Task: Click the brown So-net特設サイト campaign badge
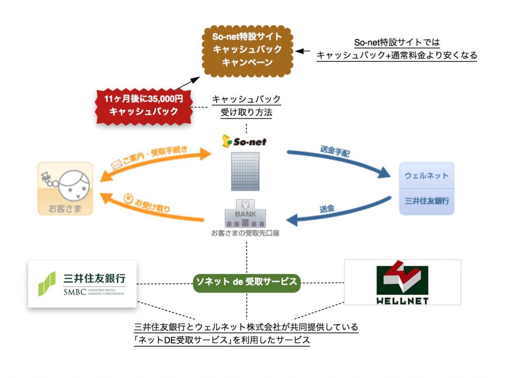click(x=247, y=51)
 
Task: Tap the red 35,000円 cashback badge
click(x=143, y=106)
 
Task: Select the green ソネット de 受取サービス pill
click(x=247, y=282)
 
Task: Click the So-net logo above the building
click(x=244, y=141)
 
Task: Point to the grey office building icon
click(x=245, y=172)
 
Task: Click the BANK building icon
click(x=245, y=213)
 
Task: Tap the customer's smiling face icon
click(x=74, y=186)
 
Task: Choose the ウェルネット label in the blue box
click(x=426, y=176)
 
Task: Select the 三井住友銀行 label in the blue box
click(x=426, y=201)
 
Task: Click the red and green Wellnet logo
click(x=402, y=282)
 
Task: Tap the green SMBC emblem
click(x=47, y=284)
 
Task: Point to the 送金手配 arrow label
click(x=335, y=151)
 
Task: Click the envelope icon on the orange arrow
click(x=116, y=165)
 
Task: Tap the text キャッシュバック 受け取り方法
click(x=246, y=106)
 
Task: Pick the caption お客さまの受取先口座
click(x=245, y=233)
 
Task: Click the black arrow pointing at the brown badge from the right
click(x=303, y=51)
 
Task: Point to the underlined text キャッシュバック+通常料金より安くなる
click(x=397, y=55)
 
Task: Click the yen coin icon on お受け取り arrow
click(x=128, y=198)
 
